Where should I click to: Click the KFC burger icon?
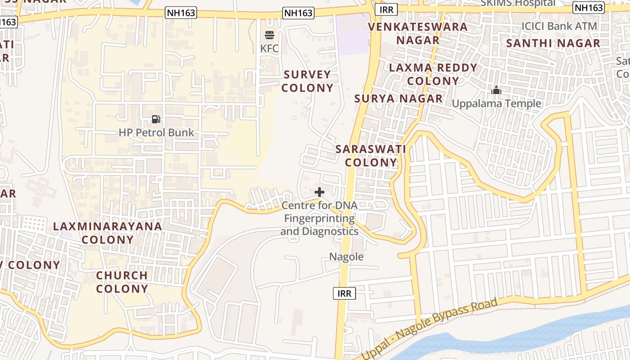click(x=270, y=35)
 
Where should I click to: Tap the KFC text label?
click(x=270, y=49)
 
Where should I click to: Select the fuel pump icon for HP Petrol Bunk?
click(x=156, y=119)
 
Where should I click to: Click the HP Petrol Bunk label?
click(x=156, y=133)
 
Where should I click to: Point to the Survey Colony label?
click(x=307, y=81)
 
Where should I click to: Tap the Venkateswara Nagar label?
click(x=418, y=33)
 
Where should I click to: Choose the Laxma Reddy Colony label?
click(x=433, y=74)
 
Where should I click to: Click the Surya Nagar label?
click(x=398, y=99)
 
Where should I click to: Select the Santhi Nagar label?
click(x=553, y=44)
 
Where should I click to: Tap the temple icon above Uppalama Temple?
click(x=496, y=90)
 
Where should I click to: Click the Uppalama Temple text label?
click(x=496, y=104)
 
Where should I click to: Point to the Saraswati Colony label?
click(x=371, y=156)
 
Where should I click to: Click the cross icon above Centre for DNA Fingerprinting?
click(x=319, y=192)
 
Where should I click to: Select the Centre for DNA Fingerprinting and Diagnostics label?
click(x=319, y=219)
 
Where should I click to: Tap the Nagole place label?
click(x=346, y=257)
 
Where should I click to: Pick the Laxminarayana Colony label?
click(x=108, y=233)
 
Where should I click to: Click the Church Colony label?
click(x=122, y=282)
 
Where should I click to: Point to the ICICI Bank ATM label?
click(x=559, y=26)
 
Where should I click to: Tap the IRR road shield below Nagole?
click(x=345, y=294)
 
